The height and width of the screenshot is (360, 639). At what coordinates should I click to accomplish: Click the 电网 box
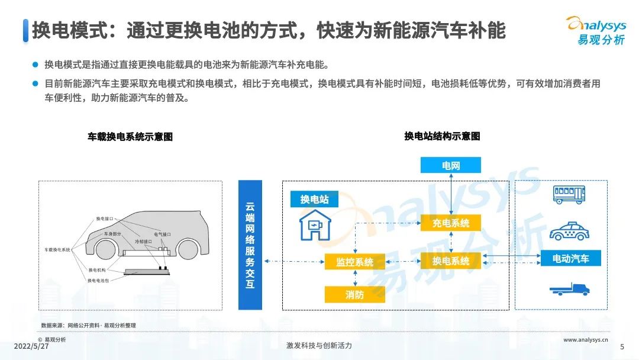(451, 165)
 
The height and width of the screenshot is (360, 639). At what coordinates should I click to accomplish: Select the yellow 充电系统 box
(451, 223)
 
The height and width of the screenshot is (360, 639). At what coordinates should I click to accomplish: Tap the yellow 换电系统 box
(451, 261)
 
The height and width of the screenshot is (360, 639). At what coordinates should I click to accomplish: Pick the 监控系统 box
(355, 261)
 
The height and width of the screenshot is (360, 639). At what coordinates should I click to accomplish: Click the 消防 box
(355, 294)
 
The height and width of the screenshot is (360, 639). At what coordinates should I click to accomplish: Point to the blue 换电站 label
(314, 199)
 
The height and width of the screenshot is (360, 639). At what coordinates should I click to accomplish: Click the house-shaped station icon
(315, 225)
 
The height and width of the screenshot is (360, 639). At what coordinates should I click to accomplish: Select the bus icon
(569, 194)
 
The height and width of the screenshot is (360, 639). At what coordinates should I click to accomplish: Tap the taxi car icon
(569, 230)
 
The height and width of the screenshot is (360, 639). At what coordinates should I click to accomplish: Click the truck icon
(569, 289)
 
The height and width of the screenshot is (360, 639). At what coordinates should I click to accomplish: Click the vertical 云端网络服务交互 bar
(250, 245)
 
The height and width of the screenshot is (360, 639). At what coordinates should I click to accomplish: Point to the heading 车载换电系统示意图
(130, 137)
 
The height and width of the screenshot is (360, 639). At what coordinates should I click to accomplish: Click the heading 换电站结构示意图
(442, 136)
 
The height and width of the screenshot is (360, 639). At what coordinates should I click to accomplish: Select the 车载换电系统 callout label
(57, 250)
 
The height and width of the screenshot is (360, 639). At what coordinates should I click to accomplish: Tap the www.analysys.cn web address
(586, 340)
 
